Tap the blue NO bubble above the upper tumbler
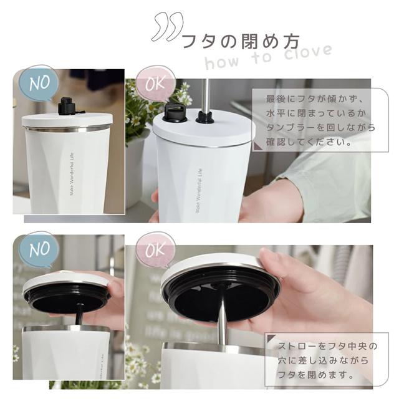tap(39, 83)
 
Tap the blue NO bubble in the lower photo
tap(39, 249)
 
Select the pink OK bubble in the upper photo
tap(155, 83)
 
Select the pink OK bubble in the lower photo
tap(155, 249)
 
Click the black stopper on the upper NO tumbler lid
tap(67, 106)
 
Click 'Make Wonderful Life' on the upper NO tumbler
tap(72, 174)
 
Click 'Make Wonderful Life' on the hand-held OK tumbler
tap(198, 190)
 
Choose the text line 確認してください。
tap(309, 142)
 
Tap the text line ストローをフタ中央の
tap(327, 347)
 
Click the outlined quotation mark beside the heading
tap(167, 27)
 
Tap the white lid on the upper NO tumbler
tap(67, 120)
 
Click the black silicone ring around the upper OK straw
tap(204, 117)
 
